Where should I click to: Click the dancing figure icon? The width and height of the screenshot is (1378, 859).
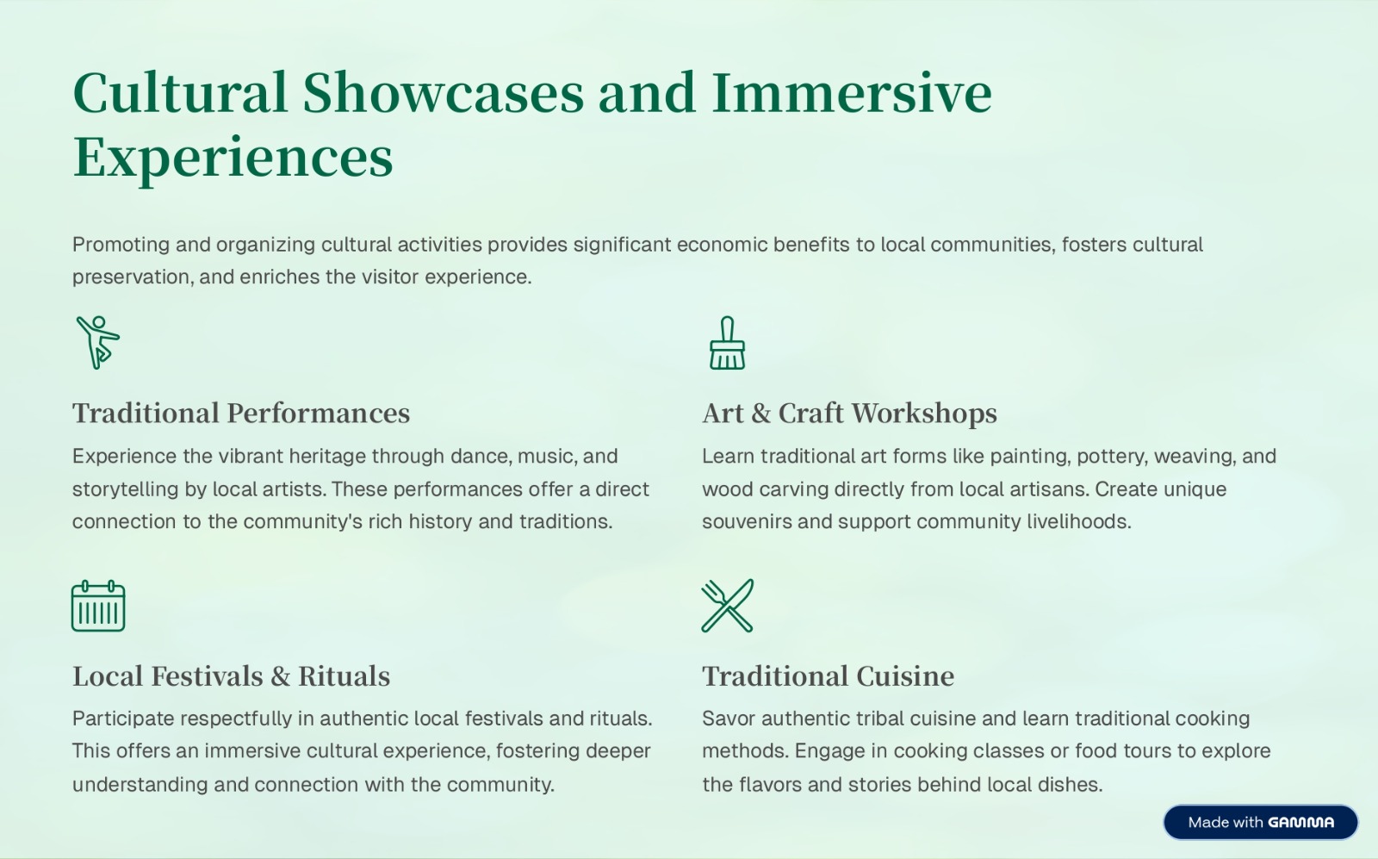(96, 343)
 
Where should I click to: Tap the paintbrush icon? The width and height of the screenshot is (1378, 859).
(727, 343)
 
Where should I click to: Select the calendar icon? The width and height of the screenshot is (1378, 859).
(98, 606)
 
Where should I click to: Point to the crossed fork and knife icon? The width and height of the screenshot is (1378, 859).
(727, 606)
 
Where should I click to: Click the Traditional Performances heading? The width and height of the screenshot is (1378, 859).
(241, 413)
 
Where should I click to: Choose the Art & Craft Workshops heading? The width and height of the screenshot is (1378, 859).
(849, 413)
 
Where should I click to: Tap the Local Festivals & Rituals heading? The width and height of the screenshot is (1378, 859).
(232, 675)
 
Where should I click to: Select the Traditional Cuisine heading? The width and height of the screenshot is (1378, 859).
(828, 675)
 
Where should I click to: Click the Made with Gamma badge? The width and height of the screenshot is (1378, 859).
(1261, 822)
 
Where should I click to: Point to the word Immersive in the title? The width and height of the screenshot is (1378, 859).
(852, 93)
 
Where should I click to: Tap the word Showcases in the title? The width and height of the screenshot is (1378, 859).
(443, 93)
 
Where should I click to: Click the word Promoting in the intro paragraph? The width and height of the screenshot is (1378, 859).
(121, 245)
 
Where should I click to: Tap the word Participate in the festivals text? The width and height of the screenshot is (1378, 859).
(121, 719)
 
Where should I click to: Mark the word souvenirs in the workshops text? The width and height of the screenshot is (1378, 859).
(747, 522)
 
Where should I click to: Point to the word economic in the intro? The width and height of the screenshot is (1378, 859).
(723, 245)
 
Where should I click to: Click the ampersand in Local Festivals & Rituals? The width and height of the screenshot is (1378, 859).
(280, 676)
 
